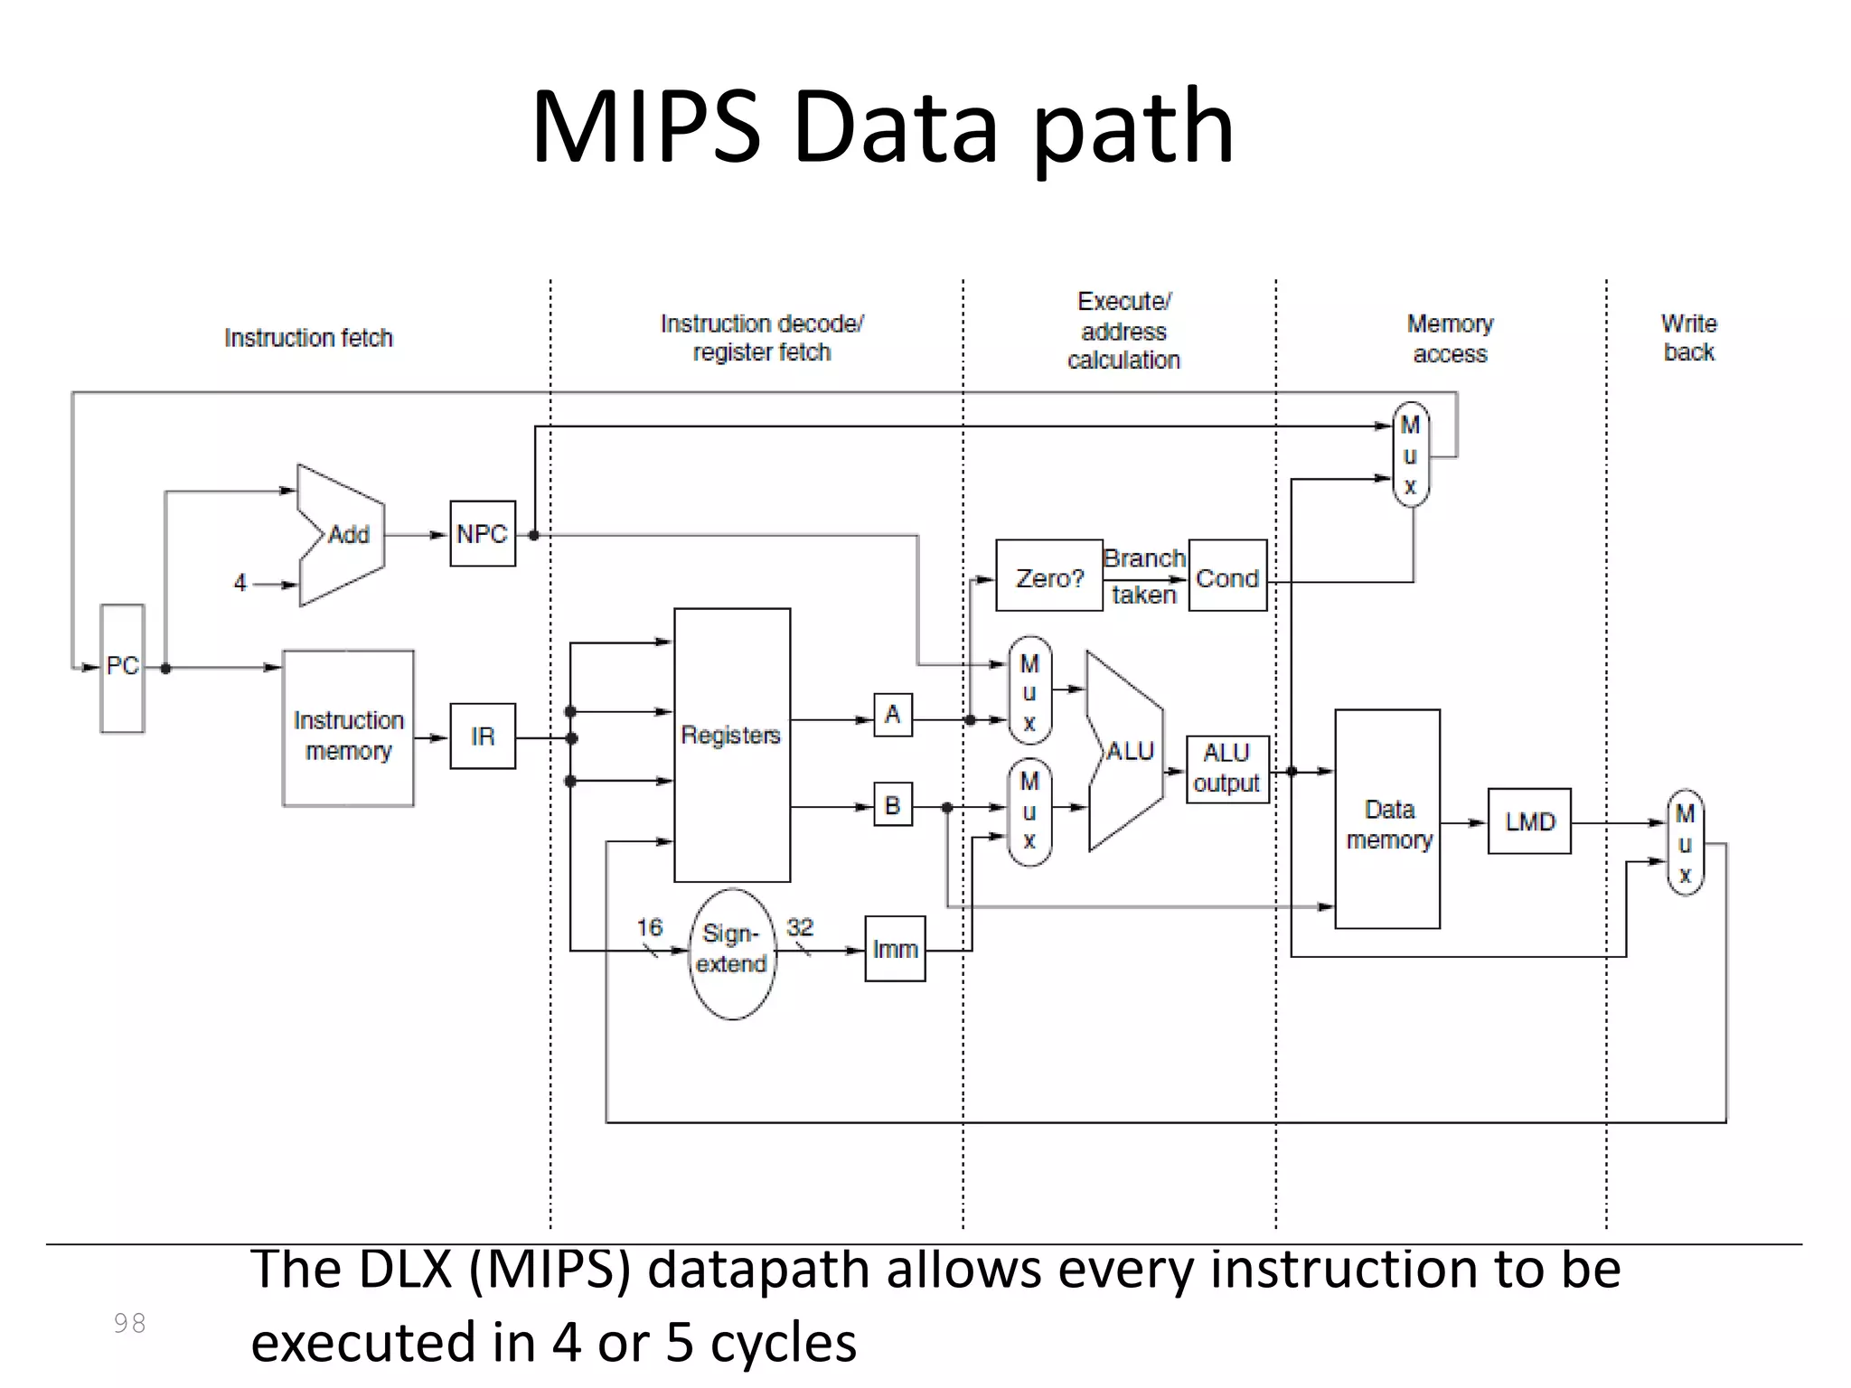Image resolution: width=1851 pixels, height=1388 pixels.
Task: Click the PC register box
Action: (122, 668)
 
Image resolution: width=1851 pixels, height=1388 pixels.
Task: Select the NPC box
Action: (483, 534)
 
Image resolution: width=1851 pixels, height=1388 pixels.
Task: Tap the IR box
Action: (483, 736)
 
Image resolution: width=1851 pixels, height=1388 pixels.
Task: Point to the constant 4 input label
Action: (240, 583)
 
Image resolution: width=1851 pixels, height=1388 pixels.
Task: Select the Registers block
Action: (731, 745)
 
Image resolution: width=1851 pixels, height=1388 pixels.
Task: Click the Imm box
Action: (895, 949)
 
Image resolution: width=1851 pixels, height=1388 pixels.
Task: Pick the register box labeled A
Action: (892, 715)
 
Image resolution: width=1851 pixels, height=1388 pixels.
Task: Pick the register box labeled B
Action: (892, 805)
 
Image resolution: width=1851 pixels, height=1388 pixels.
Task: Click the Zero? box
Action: (1048, 577)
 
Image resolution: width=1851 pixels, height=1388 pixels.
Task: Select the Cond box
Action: (1226, 577)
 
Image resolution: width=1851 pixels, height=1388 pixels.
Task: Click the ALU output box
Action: (1226, 769)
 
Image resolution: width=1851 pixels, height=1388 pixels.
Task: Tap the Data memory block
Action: (1387, 819)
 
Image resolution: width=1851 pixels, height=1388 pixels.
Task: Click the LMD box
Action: (1529, 821)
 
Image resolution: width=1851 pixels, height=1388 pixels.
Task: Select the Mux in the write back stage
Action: (1685, 842)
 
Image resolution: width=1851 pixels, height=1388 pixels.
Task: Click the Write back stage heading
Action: (1688, 337)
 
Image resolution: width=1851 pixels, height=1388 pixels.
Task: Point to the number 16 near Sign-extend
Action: (649, 927)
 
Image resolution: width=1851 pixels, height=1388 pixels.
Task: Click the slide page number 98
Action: (129, 1323)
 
